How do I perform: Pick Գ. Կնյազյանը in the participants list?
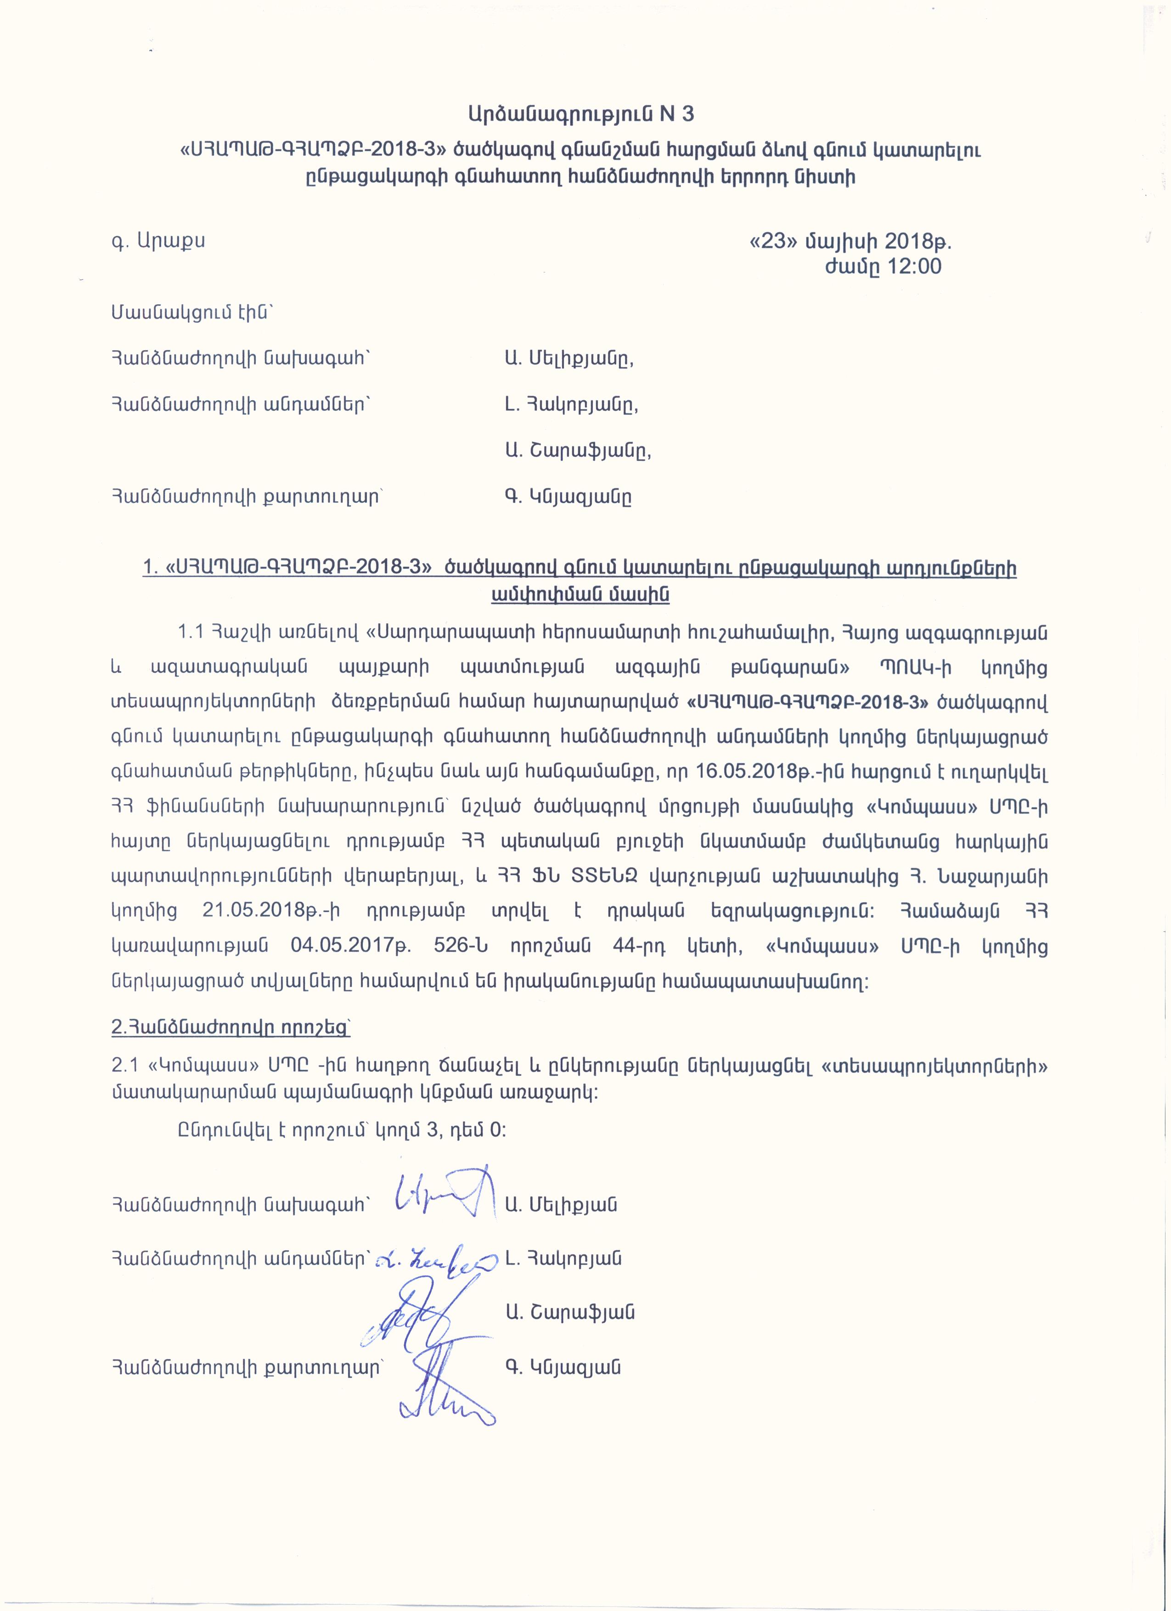point(568,497)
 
